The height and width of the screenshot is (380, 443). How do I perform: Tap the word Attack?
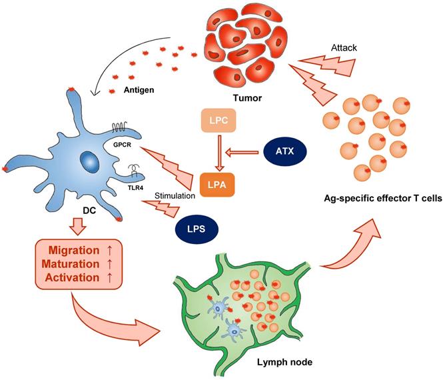pos(343,49)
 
